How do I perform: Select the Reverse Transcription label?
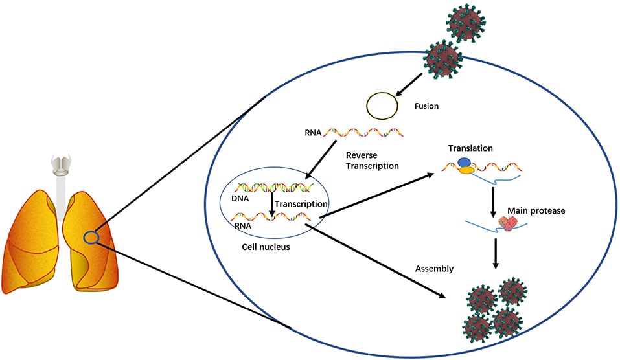point(367,161)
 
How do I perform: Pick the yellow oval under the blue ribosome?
point(466,171)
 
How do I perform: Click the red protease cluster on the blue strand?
point(505,223)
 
